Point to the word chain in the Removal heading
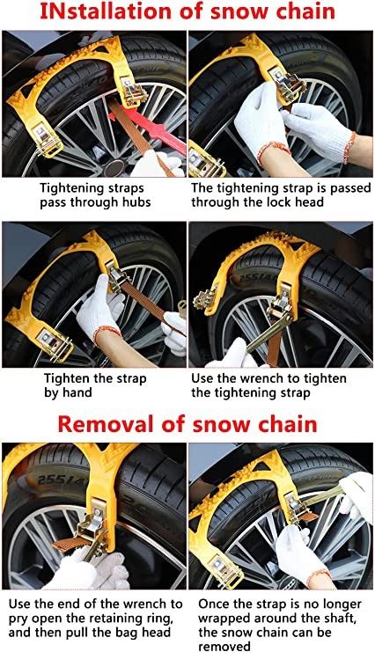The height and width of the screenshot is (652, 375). pos(288,425)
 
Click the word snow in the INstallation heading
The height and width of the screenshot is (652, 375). pos(240,12)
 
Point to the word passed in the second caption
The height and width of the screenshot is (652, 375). pos(350,188)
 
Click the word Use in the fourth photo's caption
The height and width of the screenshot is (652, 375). pos(202,379)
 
